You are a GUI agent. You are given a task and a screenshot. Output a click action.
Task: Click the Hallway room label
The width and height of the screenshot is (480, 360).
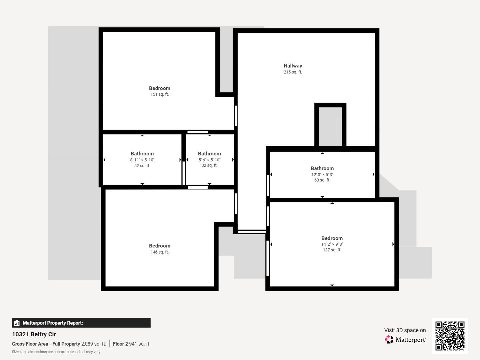pyautogui.click(x=293, y=66)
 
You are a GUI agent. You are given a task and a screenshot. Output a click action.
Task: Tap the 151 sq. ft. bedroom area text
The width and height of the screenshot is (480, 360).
pyautogui.click(x=160, y=94)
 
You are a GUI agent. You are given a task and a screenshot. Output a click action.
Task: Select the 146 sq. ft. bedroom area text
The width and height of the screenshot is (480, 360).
pyautogui.click(x=160, y=252)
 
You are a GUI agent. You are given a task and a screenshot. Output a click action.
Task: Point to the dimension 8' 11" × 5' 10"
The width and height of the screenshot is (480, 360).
pyautogui.click(x=142, y=160)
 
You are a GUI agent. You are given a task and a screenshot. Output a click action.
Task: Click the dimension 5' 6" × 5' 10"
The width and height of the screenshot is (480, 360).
pyautogui.click(x=209, y=160)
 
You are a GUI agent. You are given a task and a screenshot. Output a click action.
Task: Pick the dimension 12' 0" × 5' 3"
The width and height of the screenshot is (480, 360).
pyautogui.click(x=322, y=174)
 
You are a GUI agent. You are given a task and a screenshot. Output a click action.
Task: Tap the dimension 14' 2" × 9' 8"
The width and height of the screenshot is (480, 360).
pyautogui.click(x=332, y=244)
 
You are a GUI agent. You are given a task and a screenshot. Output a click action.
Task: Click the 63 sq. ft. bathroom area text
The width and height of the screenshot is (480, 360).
pyautogui.click(x=322, y=180)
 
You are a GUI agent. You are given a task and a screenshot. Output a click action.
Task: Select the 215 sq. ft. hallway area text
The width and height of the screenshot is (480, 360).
pyautogui.click(x=293, y=72)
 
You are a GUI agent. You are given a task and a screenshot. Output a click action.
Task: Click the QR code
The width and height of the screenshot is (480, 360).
pyautogui.click(x=450, y=336)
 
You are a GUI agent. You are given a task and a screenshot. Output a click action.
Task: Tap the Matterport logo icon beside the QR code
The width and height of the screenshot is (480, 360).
pyautogui.click(x=389, y=339)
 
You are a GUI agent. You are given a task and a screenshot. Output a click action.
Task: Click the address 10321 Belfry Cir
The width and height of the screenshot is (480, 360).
pyautogui.click(x=34, y=334)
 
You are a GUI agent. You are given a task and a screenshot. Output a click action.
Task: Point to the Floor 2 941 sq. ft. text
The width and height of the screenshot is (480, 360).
pyautogui.click(x=132, y=344)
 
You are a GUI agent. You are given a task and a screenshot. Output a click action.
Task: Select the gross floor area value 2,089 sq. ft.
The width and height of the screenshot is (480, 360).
pyautogui.click(x=94, y=344)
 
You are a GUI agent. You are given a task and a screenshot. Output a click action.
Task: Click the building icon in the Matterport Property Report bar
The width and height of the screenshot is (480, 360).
pyautogui.click(x=17, y=323)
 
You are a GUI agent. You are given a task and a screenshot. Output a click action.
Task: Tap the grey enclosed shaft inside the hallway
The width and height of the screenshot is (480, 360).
pyautogui.click(x=330, y=127)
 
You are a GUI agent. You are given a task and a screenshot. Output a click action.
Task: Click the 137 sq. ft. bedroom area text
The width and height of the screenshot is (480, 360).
pyautogui.click(x=332, y=250)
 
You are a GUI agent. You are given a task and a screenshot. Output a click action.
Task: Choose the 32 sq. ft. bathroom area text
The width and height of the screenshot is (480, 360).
pyautogui.click(x=209, y=165)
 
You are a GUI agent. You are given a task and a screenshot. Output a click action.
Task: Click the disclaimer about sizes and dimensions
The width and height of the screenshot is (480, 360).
pyautogui.click(x=56, y=352)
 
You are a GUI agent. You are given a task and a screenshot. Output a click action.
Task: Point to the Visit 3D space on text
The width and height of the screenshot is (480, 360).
pyautogui.click(x=405, y=330)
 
